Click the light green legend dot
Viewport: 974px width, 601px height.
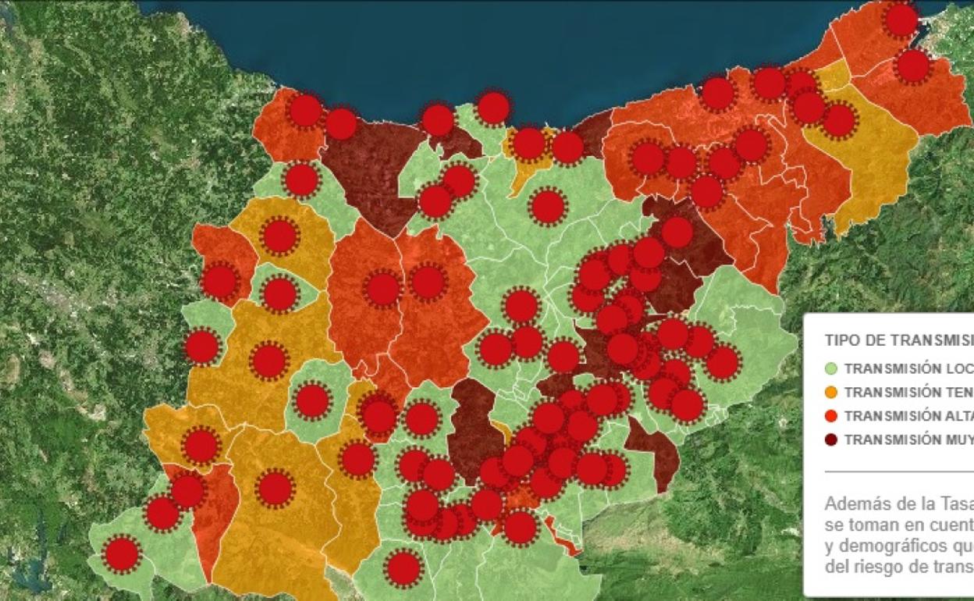pyautogui.click(x=831, y=368)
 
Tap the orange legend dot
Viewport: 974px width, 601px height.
pyautogui.click(x=831, y=392)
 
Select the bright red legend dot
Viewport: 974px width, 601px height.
pyautogui.click(x=831, y=415)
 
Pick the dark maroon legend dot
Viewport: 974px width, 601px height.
pyautogui.click(x=831, y=439)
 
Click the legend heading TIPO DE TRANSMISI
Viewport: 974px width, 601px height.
pyautogui.click(x=898, y=340)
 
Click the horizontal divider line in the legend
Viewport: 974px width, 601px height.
pyautogui.click(x=898, y=471)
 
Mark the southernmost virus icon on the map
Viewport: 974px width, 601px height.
pyautogui.click(x=403, y=567)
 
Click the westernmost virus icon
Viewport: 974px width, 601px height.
pyautogui.click(x=122, y=553)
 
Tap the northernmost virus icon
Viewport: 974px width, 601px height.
pyautogui.click(x=901, y=20)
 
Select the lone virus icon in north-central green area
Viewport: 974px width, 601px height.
pyautogui.click(x=548, y=206)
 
